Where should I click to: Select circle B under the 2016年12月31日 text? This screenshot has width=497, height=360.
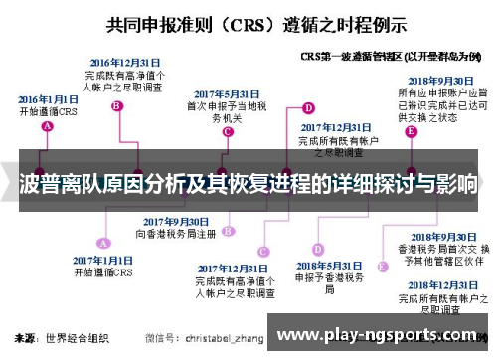(x=117, y=106)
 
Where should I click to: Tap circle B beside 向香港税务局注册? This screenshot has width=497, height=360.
(x=228, y=230)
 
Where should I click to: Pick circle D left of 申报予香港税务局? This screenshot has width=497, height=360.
(x=317, y=252)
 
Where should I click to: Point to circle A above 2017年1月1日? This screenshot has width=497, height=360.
(x=102, y=242)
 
